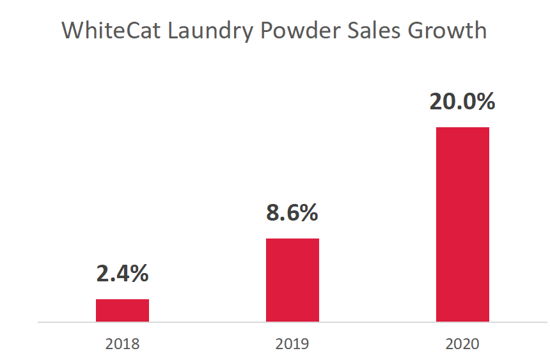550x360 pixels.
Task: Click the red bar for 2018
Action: point(122,310)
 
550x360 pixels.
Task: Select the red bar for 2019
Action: point(292,280)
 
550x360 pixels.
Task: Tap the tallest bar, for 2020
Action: point(462,224)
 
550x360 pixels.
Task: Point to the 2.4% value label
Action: point(122,273)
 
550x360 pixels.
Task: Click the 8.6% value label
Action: point(292,212)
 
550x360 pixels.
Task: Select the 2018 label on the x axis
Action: point(122,345)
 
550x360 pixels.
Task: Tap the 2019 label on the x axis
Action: point(292,345)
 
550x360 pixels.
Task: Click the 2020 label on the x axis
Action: point(462,345)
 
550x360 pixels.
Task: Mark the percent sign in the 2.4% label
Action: point(139,273)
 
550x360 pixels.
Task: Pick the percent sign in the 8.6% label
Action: point(308,212)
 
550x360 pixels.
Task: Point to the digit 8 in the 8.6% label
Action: point(273,212)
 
